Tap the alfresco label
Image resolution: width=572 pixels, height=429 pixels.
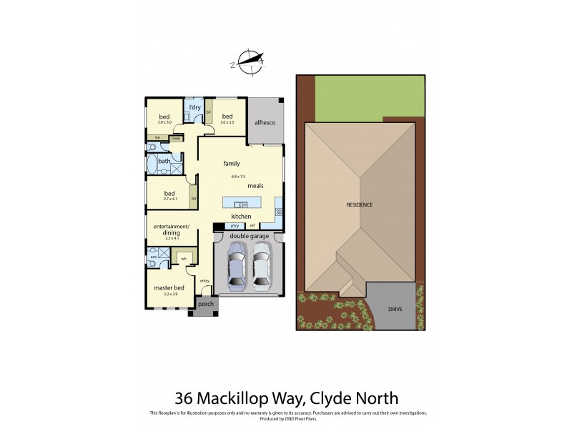point(266,123)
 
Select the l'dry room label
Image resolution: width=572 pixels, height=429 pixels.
point(194,107)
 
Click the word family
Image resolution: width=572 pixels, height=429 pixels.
point(231,164)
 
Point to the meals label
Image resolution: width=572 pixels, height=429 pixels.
point(255,186)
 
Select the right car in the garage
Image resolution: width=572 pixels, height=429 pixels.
point(262,264)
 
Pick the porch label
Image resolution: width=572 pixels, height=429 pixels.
point(206,303)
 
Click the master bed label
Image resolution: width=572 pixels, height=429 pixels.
point(169,287)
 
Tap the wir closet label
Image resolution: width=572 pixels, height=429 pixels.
point(184,258)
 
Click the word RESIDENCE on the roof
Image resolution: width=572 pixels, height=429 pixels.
point(360,205)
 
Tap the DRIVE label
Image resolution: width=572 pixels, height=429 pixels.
point(395,310)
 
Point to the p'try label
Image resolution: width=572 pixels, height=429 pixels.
point(235,226)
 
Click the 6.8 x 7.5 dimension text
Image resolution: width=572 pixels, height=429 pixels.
point(238,176)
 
